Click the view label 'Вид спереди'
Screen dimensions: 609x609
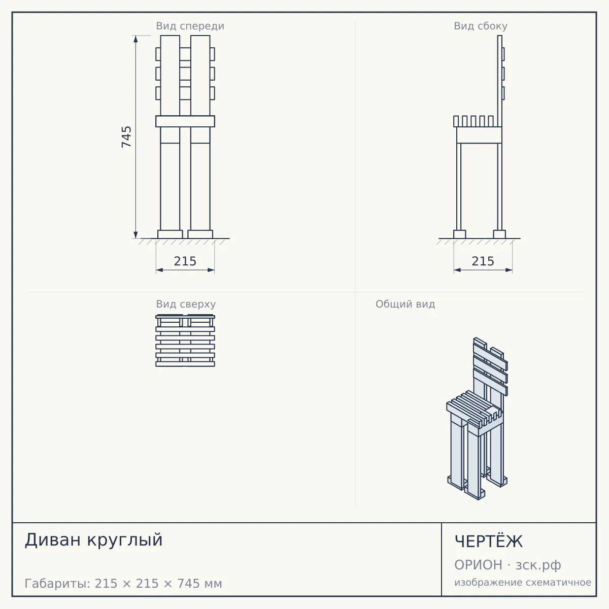[190, 26]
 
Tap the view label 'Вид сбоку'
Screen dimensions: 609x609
[481, 26]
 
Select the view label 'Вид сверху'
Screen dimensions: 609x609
[186, 304]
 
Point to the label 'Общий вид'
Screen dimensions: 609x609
[405, 304]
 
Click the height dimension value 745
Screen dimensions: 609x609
[126, 137]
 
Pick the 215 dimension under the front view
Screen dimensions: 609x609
[185, 261]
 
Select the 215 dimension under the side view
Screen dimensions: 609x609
[483, 261]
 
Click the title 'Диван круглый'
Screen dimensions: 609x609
[93, 540]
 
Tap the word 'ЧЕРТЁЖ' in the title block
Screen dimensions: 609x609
[489, 541]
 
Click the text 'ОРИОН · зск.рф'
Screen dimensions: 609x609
[507, 565]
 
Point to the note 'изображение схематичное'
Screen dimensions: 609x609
[523, 582]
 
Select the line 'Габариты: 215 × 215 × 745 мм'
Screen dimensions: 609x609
[123, 584]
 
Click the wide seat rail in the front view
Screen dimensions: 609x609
[185, 121]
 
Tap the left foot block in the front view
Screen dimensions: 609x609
[170, 234]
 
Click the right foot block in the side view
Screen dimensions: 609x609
[499, 234]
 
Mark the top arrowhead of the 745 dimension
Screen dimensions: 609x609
[136, 39]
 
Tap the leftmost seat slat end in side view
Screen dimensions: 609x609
[456, 121]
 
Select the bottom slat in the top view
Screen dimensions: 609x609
[185, 364]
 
